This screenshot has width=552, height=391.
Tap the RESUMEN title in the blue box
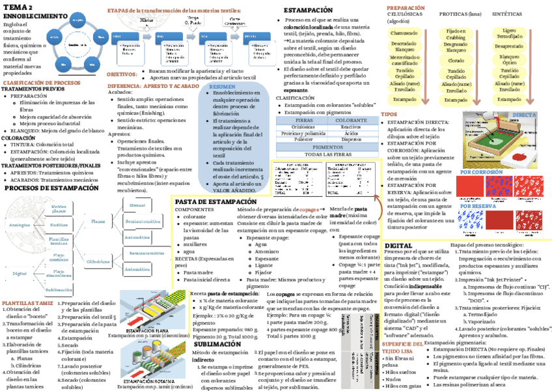(x=223, y=87)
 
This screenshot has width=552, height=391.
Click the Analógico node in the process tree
(x=20, y=224)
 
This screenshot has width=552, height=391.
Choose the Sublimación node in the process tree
(x=59, y=289)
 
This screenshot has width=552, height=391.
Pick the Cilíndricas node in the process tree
(x=98, y=261)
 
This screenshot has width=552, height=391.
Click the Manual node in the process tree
(x=137, y=205)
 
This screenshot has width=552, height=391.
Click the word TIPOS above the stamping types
(x=389, y=115)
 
